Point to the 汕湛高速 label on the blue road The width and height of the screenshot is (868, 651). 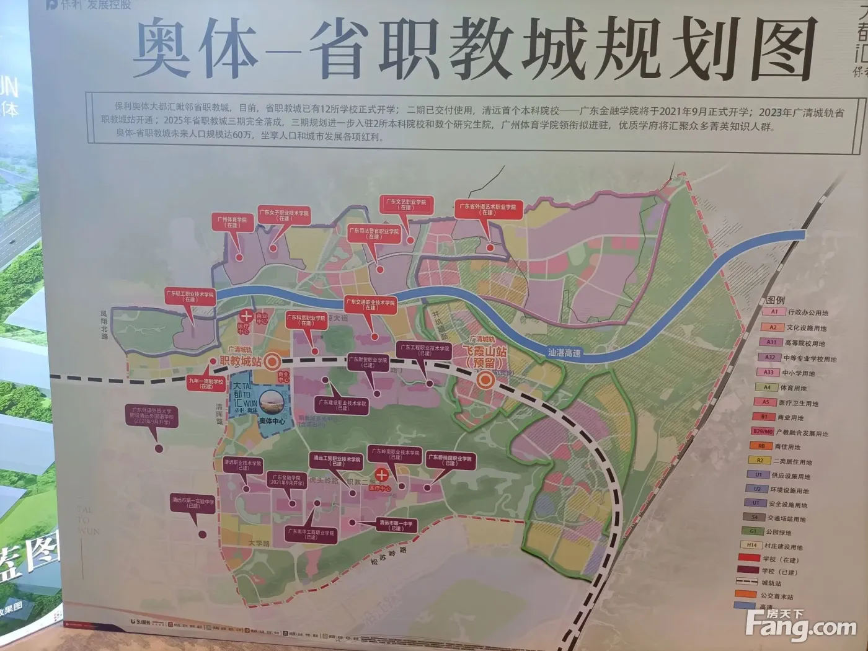[x=564, y=353]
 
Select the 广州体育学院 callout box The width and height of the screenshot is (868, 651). [x=232, y=222]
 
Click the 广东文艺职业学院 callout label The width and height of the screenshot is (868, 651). [x=406, y=204]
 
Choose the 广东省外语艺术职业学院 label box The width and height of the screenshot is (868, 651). [x=487, y=209]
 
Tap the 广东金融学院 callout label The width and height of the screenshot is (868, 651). [x=286, y=480]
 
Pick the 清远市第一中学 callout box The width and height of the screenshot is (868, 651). [x=396, y=525]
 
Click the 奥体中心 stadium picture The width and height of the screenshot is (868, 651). [x=272, y=405]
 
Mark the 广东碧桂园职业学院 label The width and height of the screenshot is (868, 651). [x=450, y=460]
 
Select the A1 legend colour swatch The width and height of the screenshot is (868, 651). [x=774, y=312]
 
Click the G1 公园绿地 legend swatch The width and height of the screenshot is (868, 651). [x=752, y=531]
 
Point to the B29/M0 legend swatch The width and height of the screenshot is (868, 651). [x=762, y=431]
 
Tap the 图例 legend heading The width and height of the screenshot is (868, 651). [x=775, y=301]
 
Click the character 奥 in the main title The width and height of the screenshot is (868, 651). [x=162, y=48]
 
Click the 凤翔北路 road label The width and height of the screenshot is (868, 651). [x=104, y=325]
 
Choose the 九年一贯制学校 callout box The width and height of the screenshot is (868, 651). [x=205, y=384]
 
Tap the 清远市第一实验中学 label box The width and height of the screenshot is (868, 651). [x=193, y=503]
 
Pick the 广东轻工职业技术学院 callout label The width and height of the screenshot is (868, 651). [x=190, y=296]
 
